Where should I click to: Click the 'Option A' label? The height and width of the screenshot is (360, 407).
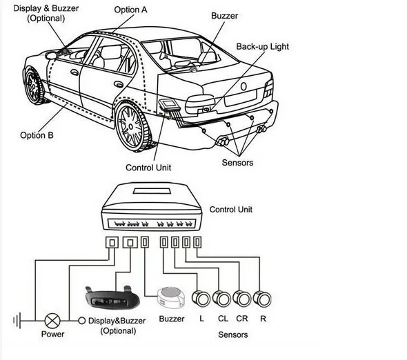pyautogui.click(x=130, y=10)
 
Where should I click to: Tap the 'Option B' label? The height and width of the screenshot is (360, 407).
pyautogui.click(x=37, y=135)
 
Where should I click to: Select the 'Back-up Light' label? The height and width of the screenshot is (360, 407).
pyautogui.click(x=262, y=47)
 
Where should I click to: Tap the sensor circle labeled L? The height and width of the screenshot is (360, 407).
pyautogui.click(x=201, y=299)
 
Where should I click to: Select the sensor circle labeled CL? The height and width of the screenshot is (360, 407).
pyautogui.click(x=221, y=299)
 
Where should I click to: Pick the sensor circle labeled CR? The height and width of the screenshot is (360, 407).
pyautogui.click(x=241, y=299)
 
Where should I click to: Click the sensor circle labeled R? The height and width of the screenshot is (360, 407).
pyautogui.click(x=261, y=299)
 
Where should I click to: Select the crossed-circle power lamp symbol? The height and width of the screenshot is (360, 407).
pyautogui.click(x=52, y=320)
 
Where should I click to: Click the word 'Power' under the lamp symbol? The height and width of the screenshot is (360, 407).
pyautogui.click(x=52, y=334)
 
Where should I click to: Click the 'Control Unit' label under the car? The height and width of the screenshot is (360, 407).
pyautogui.click(x=148, y=168)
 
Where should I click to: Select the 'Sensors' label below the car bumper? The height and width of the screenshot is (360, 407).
pyautogui.click(x=237, y=163)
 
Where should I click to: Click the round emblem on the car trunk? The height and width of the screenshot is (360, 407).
pyautogui.click(x=244, y=86)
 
